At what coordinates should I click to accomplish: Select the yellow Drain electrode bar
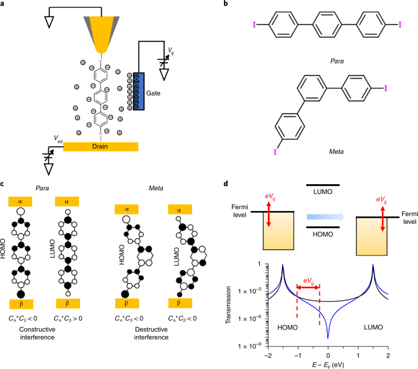point(100,146)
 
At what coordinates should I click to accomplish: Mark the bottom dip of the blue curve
point(328,337)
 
